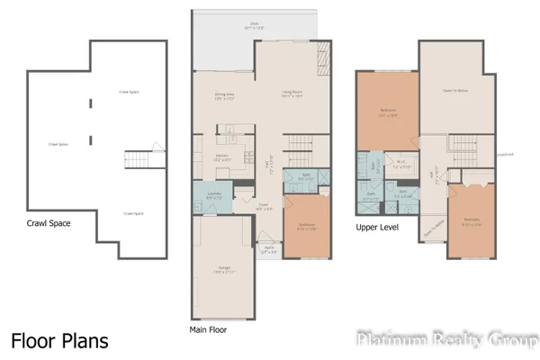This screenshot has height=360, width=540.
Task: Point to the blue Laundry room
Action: [x=213, y=195]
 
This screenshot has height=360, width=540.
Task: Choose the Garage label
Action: [x=224, y=269]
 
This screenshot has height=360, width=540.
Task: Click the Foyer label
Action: [x=265, y=205]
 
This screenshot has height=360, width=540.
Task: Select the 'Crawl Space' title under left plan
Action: [x=49, y=223]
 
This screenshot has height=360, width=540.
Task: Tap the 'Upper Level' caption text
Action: [x=377, y=228]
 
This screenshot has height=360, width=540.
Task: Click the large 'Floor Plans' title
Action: [x=59, y=341]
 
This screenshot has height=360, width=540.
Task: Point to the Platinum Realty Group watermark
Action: [x=446, y=340]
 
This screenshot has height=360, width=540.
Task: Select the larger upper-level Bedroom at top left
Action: [x=387, y=112]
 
